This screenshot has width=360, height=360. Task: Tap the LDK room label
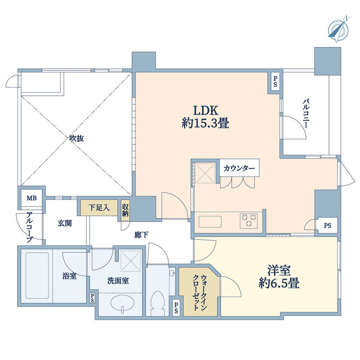click(x=206, y=110)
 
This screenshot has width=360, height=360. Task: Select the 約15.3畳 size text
click(x=206, y=124)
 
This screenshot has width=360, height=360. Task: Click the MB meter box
click(x=31, y=198)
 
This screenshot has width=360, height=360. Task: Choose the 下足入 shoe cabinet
click(x=99, y=208)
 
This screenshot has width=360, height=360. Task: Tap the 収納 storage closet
click(x=125, y=209)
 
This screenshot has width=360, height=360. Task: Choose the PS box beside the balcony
click(x=275, y=82)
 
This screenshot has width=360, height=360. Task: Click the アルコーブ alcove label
click(x=29, y=228)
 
